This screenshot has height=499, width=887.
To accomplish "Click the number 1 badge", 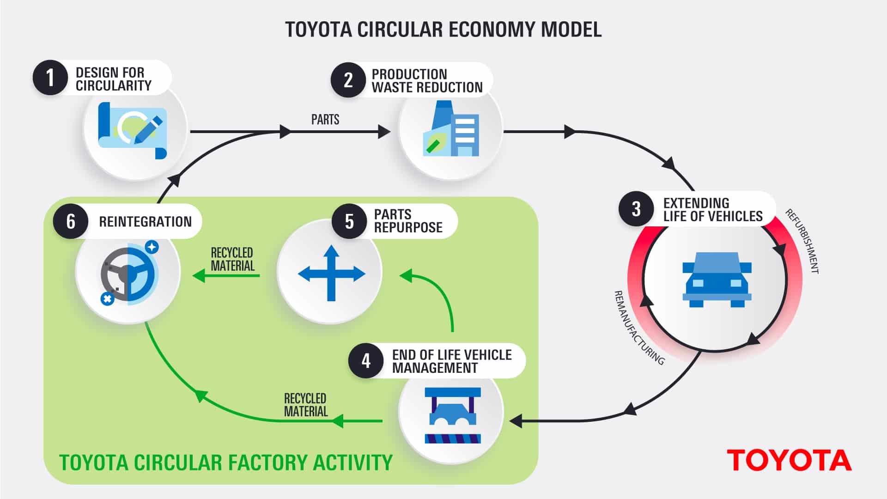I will click(50, 78).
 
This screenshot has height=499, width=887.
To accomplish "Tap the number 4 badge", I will click(366, 361).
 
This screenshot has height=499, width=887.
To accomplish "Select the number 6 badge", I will click(71, 221).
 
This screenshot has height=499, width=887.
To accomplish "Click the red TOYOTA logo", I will click(789, 461).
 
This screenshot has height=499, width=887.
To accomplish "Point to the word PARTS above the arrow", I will click(325, 120).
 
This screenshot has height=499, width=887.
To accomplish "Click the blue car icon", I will click(717, 280).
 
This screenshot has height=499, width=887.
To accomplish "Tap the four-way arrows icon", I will click(331, 273).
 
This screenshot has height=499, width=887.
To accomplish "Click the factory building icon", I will click(451, 130).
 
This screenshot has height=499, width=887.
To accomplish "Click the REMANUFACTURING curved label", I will click(638, 328).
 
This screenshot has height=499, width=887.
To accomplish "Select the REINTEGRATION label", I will click(145, 222).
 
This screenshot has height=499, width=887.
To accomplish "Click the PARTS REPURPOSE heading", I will click(408, 221).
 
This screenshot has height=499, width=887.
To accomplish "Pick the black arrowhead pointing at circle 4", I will click(516, 421).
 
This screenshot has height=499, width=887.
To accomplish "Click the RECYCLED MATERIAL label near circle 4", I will click(305, 405).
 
